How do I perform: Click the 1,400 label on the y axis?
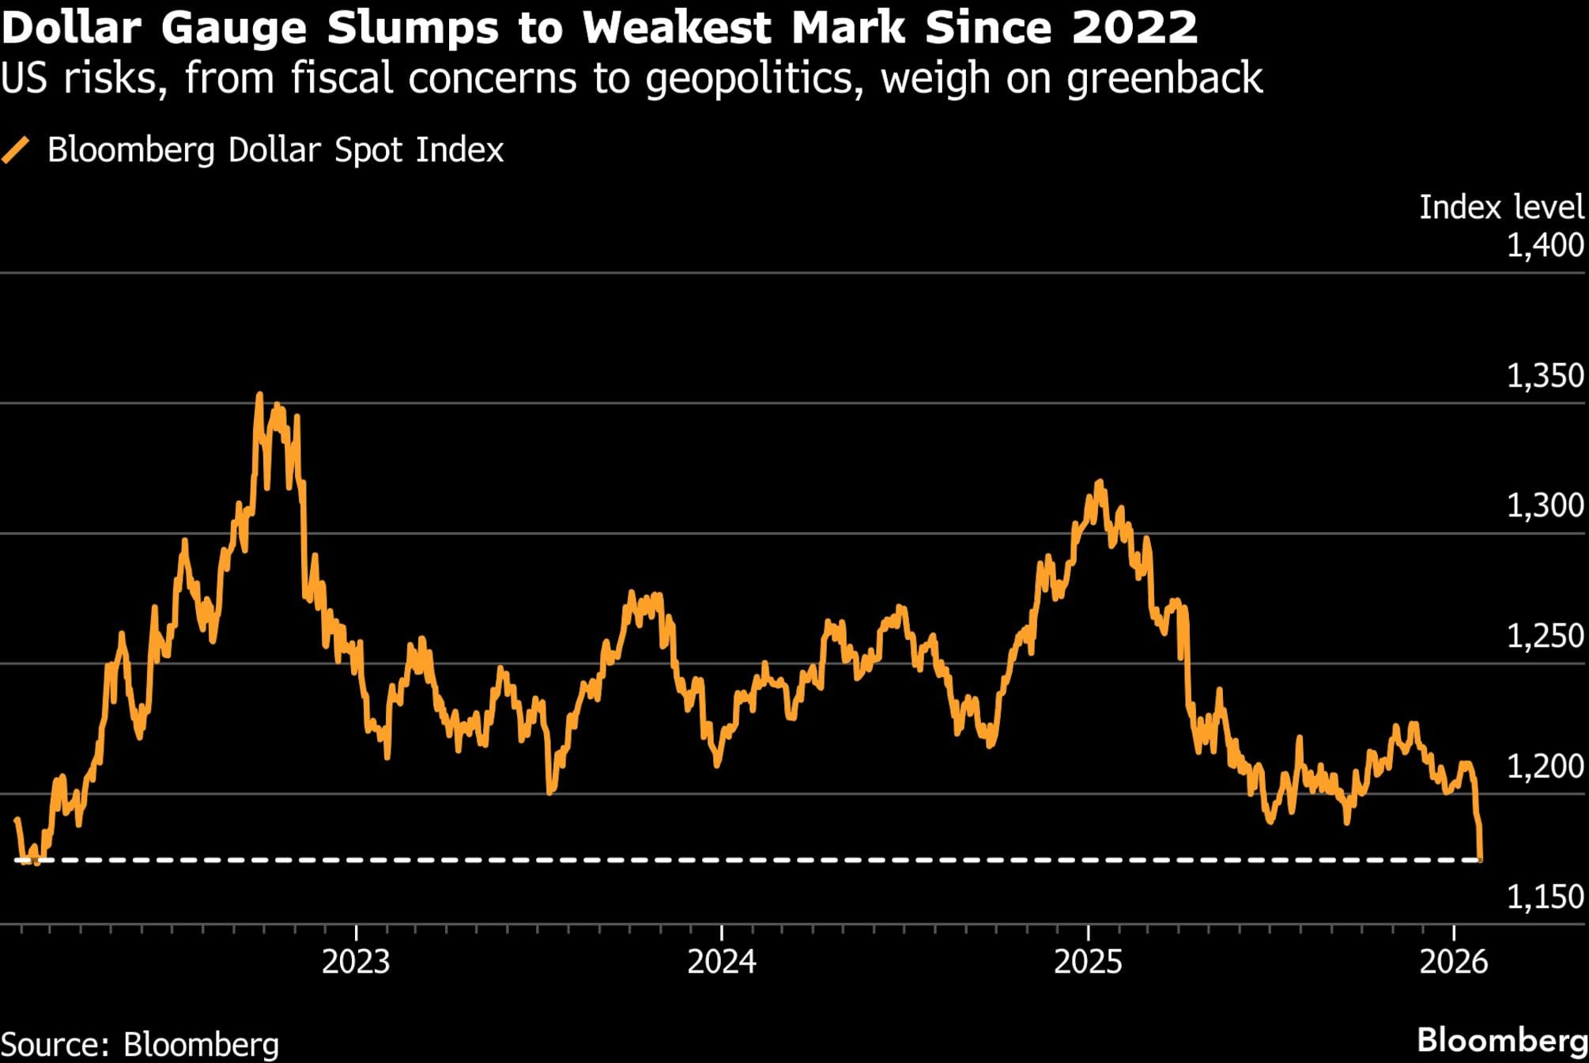tap(1545, 245)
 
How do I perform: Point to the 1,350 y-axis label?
tap(1545, 376)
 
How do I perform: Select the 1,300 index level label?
tap(1545, 505)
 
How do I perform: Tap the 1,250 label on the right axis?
tap(1545, 636)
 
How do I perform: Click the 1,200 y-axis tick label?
tap(1545, 766)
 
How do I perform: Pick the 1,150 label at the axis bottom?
tap(1545, 896)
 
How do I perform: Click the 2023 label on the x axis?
tap(356, 962)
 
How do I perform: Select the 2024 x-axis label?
tap(722, 962)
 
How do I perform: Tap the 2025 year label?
tap(1088, 962)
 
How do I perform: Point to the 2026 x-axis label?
tap(1454, 962)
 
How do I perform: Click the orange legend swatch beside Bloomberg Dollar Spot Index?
tap(16, 150)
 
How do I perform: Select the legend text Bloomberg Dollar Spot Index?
tap(275, 150)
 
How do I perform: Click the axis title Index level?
tap(1500, 207)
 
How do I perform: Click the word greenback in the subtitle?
tap(1164, 78)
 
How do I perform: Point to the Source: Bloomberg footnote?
tap(140, 1044)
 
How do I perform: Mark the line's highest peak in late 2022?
tap(259, 395)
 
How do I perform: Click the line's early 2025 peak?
tap(1100, 482)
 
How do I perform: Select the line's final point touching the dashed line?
tap(1480, 858)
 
